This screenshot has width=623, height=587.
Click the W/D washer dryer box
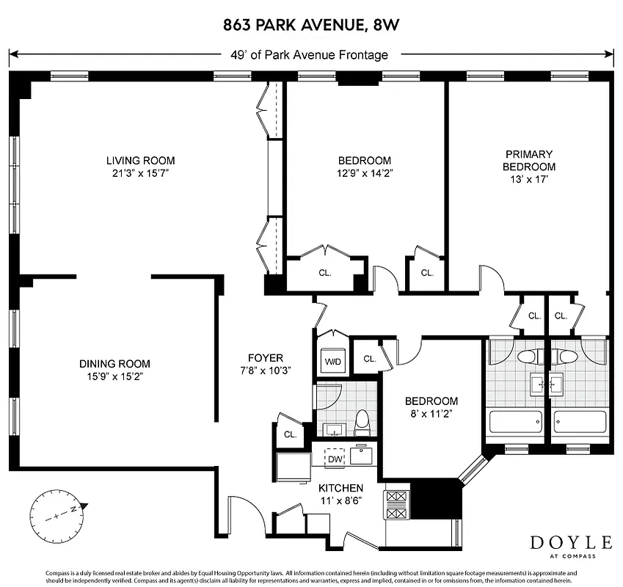(333, 361)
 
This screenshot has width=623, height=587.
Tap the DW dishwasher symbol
(335, 459)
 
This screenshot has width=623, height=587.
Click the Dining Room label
(114, 363)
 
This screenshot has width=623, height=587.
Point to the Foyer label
(265, 358)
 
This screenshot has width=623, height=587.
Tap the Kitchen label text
(340, 488)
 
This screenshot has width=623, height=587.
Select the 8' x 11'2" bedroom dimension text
(431, 414)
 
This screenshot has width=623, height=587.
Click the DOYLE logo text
(571, 542)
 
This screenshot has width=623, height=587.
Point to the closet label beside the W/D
(369, 359)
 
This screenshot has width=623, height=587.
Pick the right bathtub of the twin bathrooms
(580, 423)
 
